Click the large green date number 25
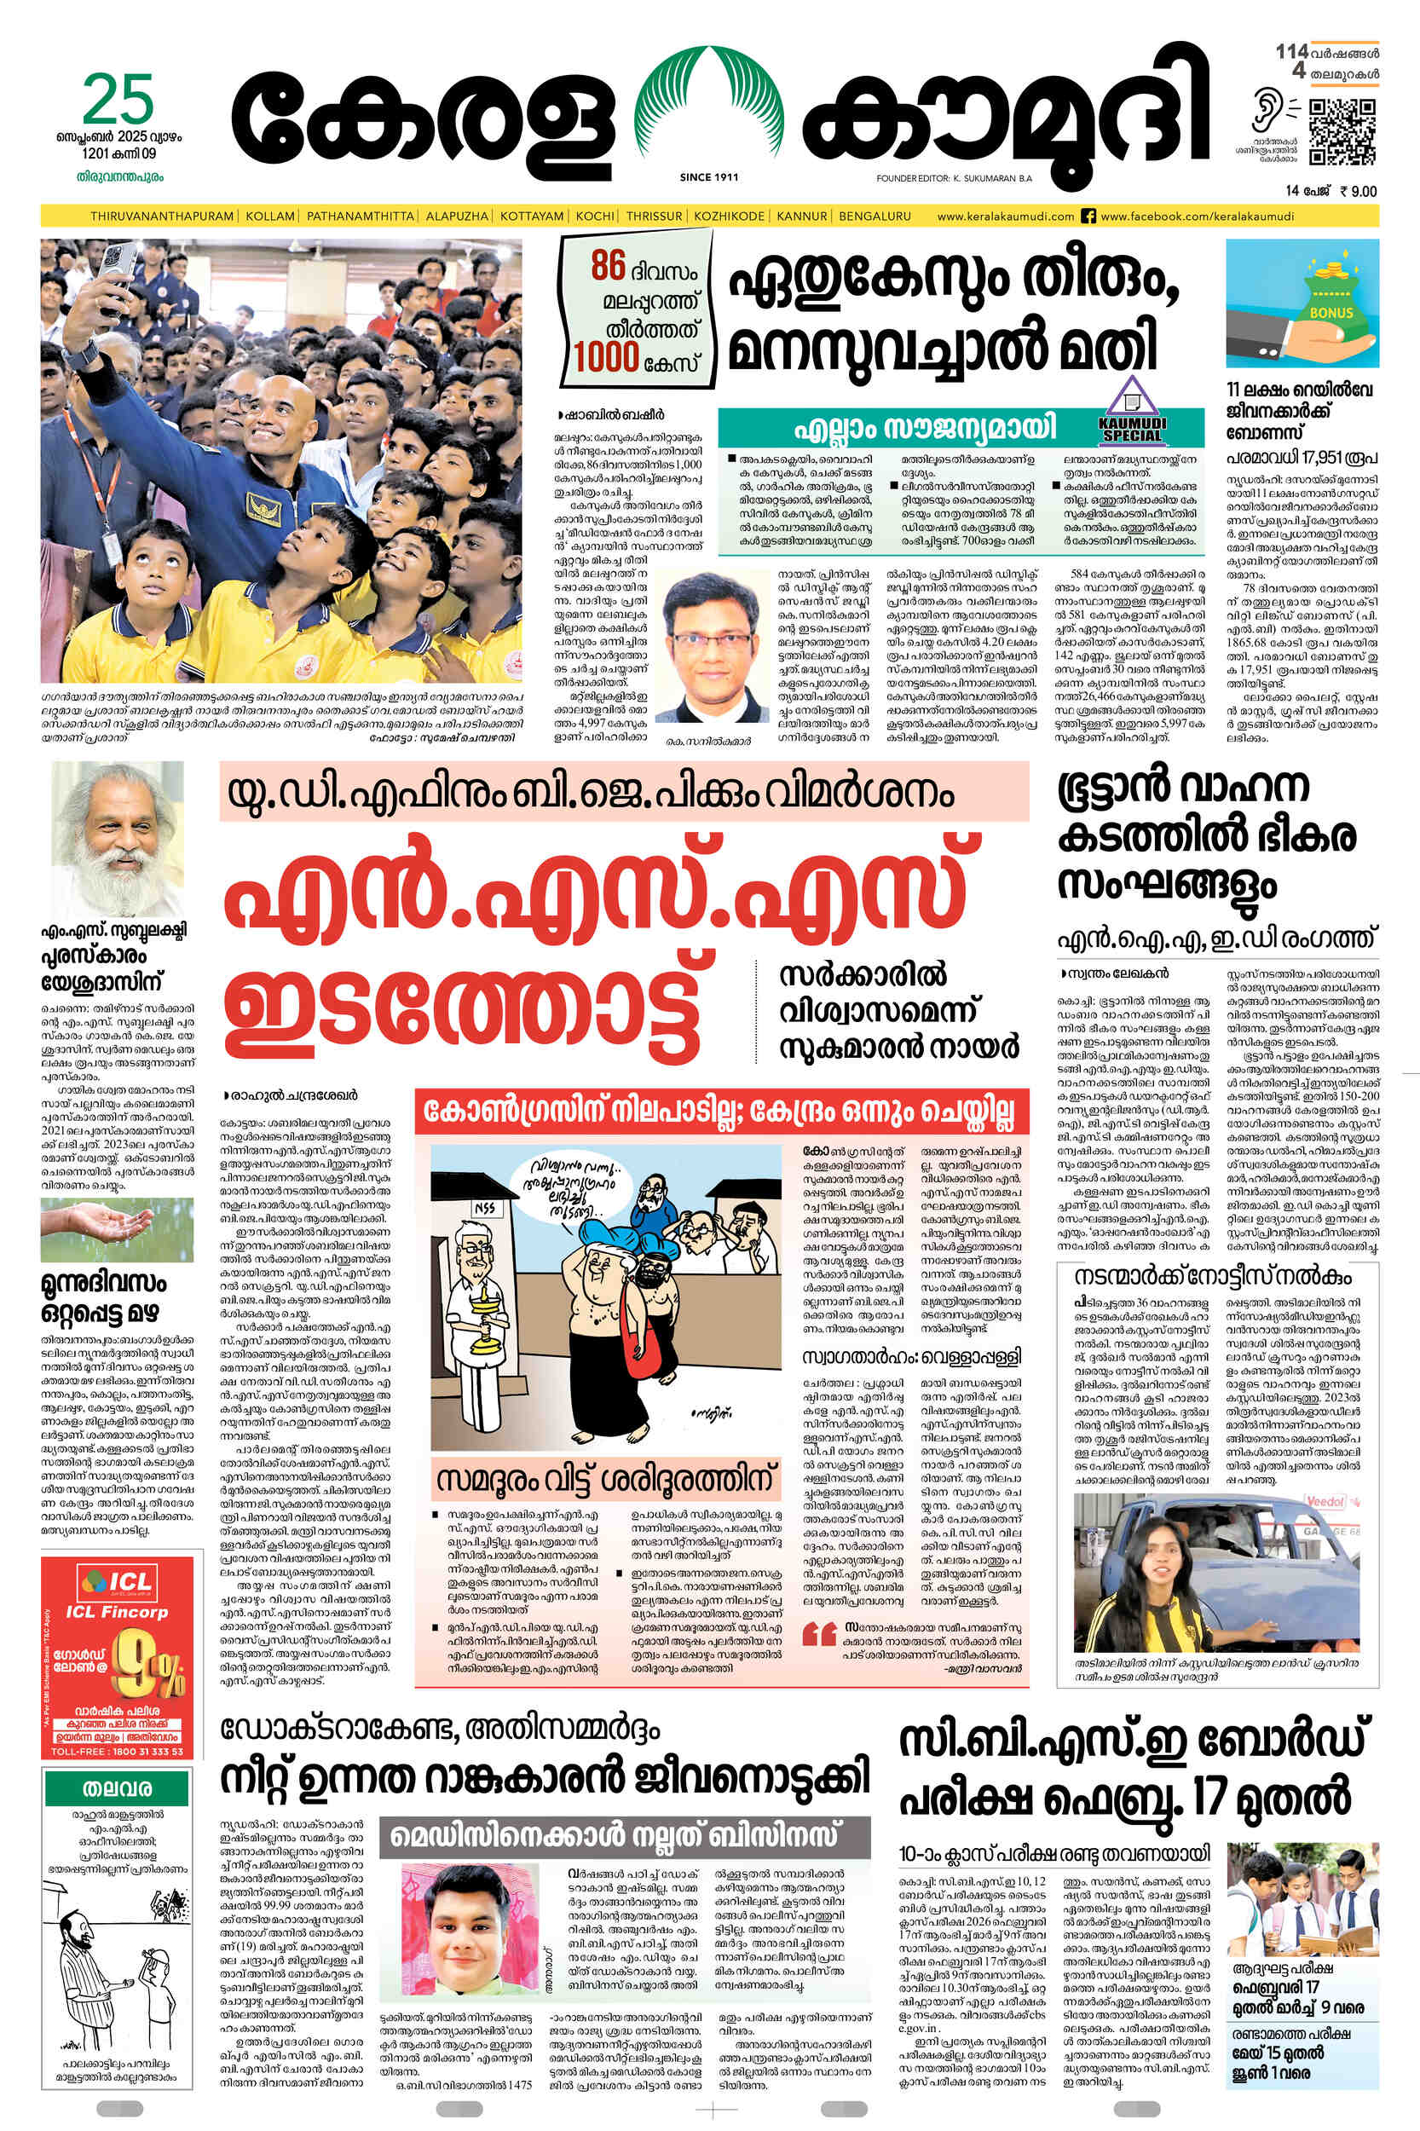(118, 101)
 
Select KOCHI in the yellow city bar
(594, 217)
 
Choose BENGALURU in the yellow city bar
(874, 217)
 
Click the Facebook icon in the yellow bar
(1088, 217)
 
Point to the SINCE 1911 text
(708, 177)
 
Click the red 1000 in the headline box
(606, 359)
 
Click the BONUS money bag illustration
(1302, 303)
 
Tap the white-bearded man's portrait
(118, 838)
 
